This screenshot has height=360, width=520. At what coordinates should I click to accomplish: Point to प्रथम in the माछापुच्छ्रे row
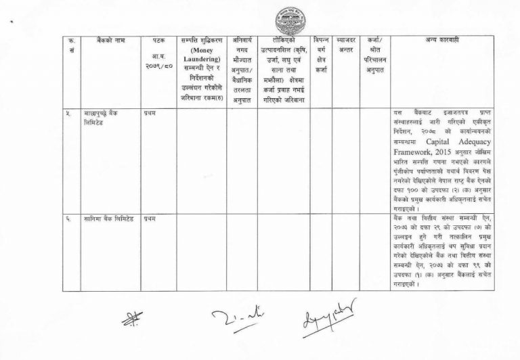150,112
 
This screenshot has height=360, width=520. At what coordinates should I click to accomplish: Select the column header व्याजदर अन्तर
347,46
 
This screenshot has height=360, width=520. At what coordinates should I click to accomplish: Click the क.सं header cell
72,46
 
